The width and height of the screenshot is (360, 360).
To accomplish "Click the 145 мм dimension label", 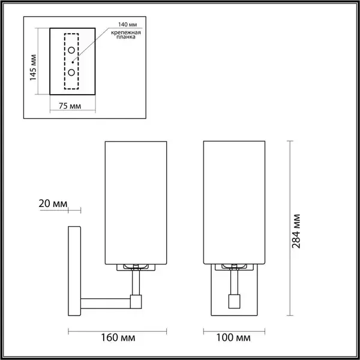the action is pos(33,67).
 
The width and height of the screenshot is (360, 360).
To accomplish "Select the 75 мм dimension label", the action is pos(70,106).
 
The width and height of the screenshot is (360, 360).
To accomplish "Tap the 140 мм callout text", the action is pos(127,25).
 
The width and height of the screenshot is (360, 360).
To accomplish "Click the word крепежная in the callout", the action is pos(126,32).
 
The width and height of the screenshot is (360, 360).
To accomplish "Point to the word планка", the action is pos(126,37).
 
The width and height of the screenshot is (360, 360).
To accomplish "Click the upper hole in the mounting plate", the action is pos(71,50).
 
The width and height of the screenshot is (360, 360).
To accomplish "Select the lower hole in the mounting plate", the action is pos(71,73).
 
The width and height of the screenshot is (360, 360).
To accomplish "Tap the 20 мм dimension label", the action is pos(53,203).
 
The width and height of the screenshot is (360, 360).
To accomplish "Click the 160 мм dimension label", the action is pos(118,338).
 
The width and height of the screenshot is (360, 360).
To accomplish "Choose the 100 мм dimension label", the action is pos(233,338).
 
